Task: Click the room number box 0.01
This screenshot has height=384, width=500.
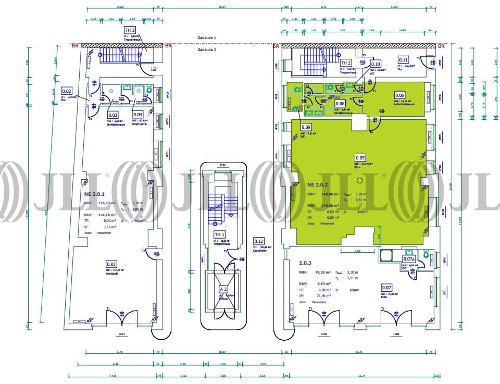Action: coord(111,264)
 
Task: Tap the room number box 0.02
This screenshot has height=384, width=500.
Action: coord(67,91)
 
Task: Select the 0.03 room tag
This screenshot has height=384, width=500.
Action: coord(112,114)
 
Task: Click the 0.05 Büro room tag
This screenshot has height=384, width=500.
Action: coord(360,157)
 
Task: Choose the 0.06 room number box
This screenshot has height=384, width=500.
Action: coord(399,95)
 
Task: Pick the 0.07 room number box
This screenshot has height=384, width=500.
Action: coord(386,287)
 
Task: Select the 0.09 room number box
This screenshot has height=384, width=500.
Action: coord(376,64)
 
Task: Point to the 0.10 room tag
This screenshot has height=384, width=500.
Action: coord(403,60)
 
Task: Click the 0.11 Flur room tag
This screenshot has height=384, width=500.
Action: coord(258,241)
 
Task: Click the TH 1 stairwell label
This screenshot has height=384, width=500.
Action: coord(220,235)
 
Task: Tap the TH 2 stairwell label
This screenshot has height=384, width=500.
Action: coord(346,63)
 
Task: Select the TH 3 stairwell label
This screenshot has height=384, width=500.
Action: coord(130,30)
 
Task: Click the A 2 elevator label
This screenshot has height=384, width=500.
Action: coord(223,289)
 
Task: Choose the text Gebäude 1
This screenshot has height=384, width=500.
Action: coord(206,38)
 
